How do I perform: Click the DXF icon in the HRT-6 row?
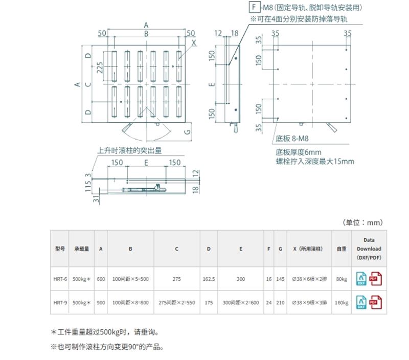[361, 279]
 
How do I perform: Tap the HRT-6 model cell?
[60, 279]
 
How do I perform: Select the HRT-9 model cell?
[60, 302]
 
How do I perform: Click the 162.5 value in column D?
[209, 279]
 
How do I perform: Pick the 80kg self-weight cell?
[342, 279]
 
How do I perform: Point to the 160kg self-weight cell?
[342, 302]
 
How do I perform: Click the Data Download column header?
[369, 249]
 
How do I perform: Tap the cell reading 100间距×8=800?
[130, 302]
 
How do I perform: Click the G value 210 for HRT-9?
[280, 302]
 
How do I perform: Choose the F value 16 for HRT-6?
[269, 279]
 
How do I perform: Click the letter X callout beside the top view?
[194, 43]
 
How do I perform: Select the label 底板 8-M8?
[292, 139]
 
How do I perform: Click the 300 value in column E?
[241, 279]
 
